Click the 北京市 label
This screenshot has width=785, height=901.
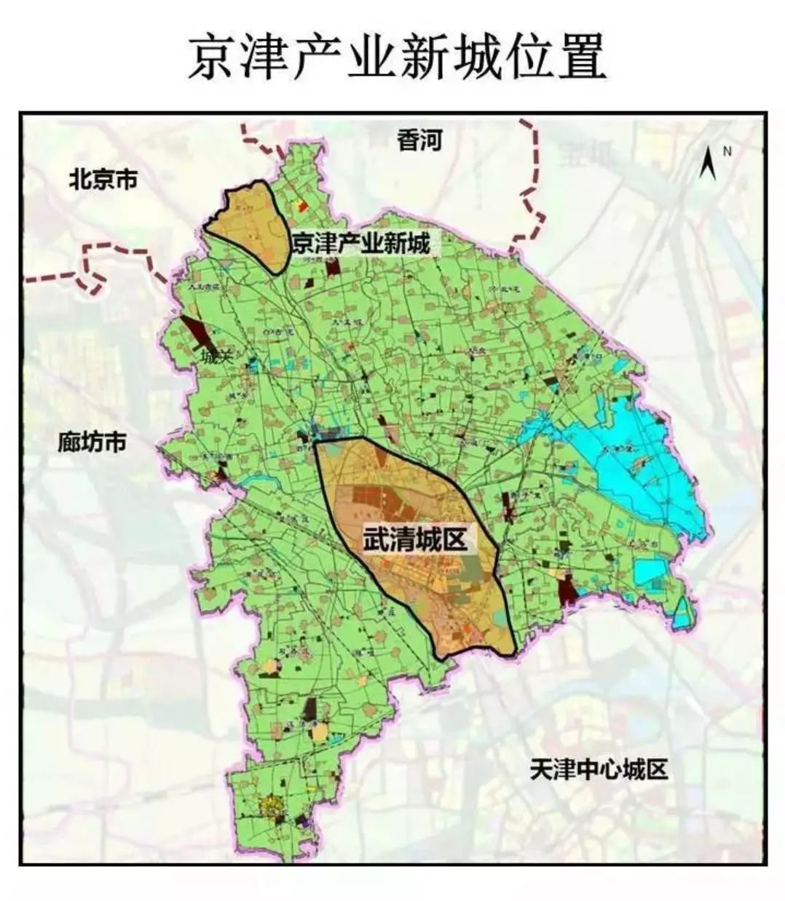pos(103,178)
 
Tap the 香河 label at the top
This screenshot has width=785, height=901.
pos(419,140)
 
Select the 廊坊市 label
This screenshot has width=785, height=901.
pos(92,442)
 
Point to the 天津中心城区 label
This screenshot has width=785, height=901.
pos(599,769)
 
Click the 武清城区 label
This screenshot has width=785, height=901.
pos(414,539)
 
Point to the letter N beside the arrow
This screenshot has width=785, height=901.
pos(726,151)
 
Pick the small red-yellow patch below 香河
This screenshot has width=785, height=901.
pos(303,207)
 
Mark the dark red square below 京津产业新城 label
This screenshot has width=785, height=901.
pos(333,267)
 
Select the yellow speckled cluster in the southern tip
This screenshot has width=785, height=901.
pos(272,807)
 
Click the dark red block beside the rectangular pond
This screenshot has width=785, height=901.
pos(567,588)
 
